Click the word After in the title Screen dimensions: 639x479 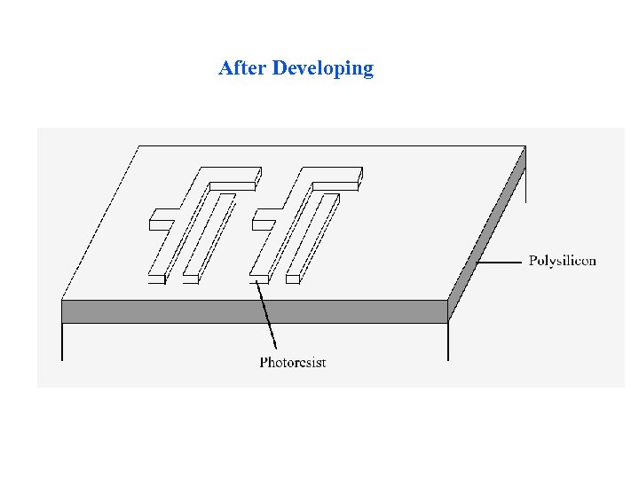tap(242, 68)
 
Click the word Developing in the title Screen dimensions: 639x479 tap(323, 69)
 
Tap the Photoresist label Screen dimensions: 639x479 tap(293, 362)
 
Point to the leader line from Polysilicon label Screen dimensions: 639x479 tap(500, 262)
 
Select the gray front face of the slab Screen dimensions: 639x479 tap(254, 311)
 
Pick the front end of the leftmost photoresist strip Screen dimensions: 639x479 tap(156, 279)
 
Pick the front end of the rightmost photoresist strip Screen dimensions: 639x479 tap(294, 279)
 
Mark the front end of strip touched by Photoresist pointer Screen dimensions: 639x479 tap(259, 279)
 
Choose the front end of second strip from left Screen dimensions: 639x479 tap(191, 279)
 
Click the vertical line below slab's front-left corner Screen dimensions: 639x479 tap(62, 342)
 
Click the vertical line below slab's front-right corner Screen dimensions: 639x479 tap(448, 342)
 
